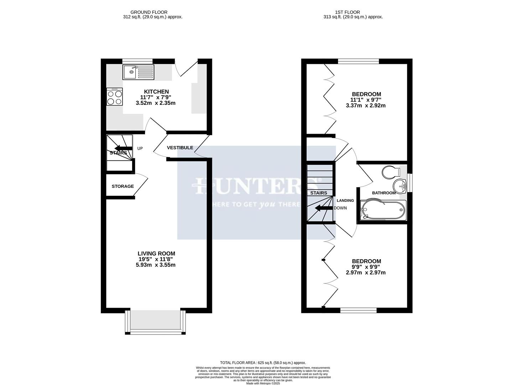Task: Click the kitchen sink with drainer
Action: coord(138,72)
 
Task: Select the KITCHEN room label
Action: coord(156,92)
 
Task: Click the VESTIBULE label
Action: coord(180,148)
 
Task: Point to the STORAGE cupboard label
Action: coord(123,186)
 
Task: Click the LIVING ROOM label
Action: coord(156,254)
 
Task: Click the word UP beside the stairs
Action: coord(140,149)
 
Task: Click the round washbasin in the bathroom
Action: coord(400,185)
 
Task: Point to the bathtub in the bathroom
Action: coord(383,210)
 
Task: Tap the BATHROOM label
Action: coord(384,193)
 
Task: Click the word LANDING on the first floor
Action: coord(345,201)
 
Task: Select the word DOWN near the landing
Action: coord(340,208)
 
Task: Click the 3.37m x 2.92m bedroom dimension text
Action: coord(366,106)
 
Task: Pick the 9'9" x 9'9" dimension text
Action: coord(366,267)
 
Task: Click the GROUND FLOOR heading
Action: coord(149,12)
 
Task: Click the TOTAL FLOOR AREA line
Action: coord(263,363)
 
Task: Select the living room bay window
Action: coord(155,322)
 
